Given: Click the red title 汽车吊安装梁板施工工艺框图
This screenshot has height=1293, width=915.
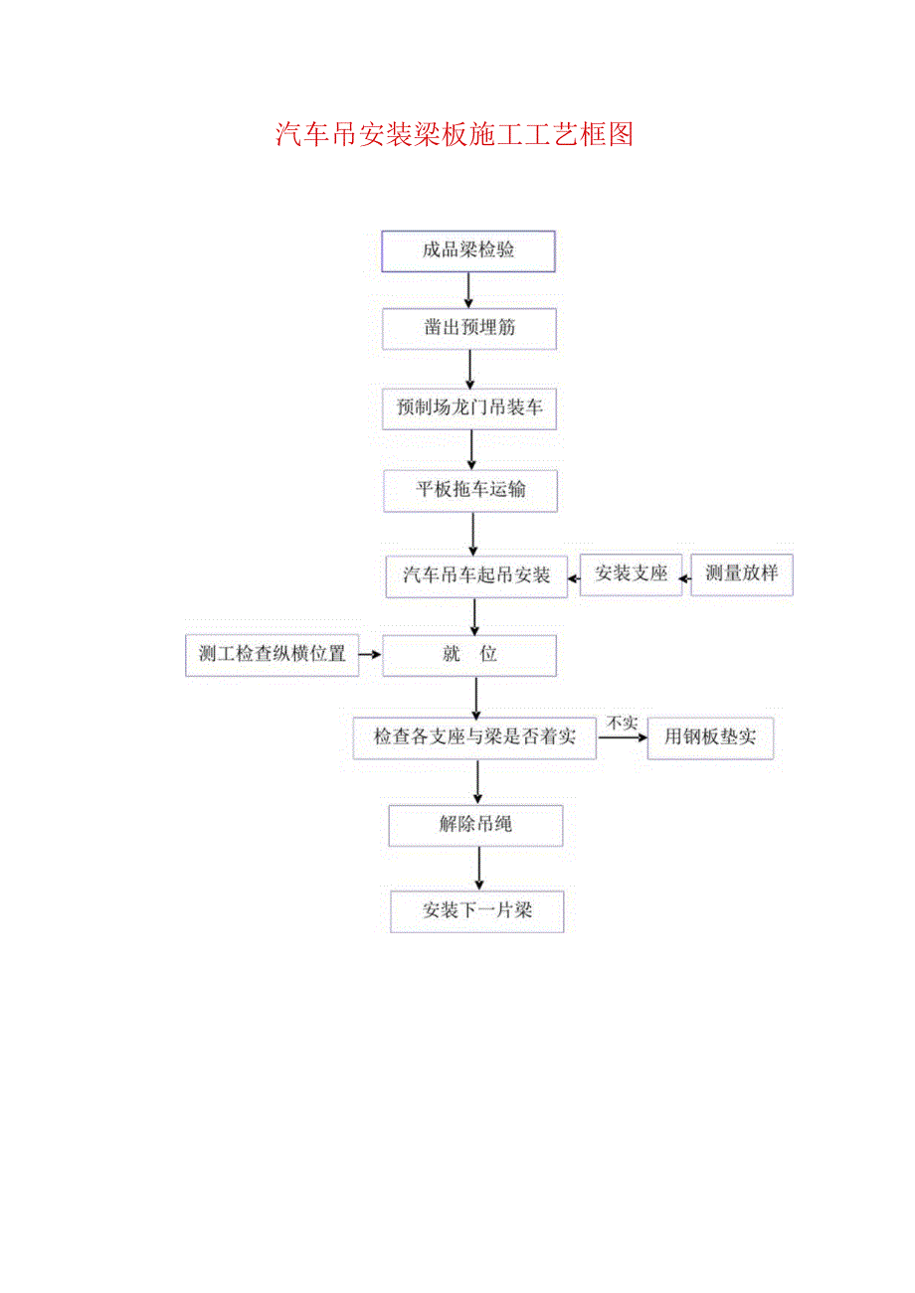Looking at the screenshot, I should click(x=455, y=134).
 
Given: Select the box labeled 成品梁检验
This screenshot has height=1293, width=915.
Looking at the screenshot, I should click(x=468, y=251).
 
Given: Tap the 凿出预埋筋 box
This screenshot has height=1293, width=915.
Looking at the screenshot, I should click(x=470, y=329).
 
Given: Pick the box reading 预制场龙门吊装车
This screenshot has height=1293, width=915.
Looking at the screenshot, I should click(x=470, y=408).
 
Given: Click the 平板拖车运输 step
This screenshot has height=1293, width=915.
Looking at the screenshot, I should click(x=471, y=491).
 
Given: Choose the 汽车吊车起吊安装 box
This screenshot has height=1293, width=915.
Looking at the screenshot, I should click(x=476, y=575).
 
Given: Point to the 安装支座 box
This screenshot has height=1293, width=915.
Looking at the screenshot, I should click(x=632, y=574).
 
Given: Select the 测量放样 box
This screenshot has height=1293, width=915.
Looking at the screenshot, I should click(x=742, y=574).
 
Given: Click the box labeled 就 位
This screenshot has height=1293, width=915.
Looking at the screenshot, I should click(x=470, y=655).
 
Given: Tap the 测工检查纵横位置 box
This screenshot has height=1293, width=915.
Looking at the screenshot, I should click(x=272, y=655).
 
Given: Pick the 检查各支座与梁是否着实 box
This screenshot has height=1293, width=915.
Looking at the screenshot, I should click(x=474, y=737).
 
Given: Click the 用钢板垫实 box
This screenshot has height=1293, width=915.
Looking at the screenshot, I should click(x=710, y=738).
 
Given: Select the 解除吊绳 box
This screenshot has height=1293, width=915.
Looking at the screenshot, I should click(x=476, y=825).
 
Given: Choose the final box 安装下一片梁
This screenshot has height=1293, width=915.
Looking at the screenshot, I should click(x=477, y=911).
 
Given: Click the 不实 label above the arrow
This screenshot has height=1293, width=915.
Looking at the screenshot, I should click(x=623, y=723).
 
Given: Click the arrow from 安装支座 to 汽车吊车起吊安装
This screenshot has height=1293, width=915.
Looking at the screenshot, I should click(x=574, y=576).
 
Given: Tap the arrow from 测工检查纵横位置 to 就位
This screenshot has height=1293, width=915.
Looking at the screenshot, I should click(x=370, y=655).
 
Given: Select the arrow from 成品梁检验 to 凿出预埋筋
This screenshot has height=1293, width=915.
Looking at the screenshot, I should click(x=469, y=290).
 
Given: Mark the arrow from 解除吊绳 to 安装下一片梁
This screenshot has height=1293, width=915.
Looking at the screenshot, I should click(x=479, y=869).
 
